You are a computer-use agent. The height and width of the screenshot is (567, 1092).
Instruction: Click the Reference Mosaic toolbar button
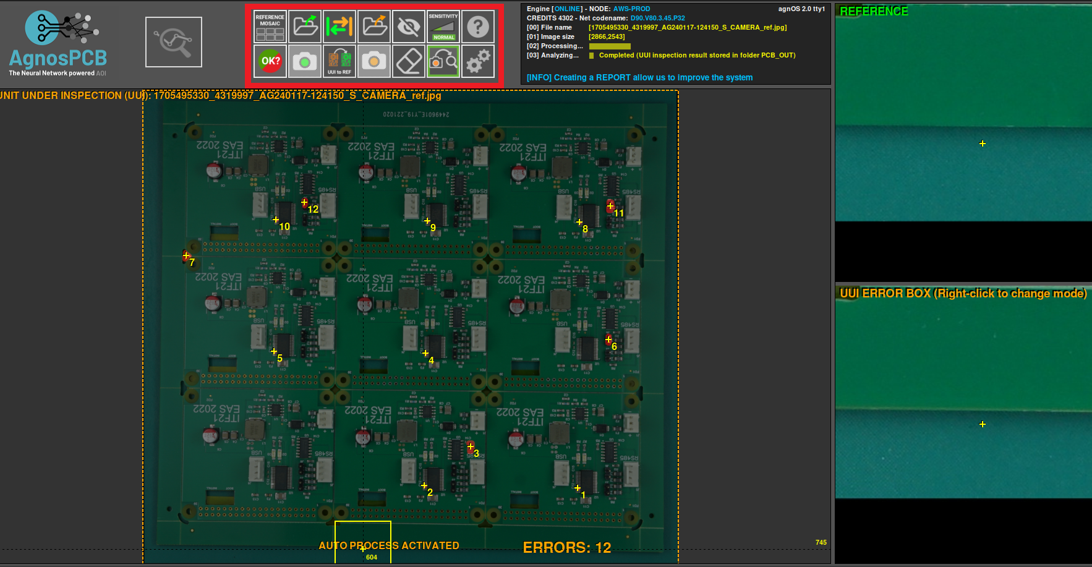[x=270, y=27]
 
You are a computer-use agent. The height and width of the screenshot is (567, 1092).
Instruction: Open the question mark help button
[x=478, y=27]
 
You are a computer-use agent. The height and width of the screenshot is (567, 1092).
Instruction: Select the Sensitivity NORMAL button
[x=443, y=27]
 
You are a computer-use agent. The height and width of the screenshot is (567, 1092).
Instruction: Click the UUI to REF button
[x=339, y=61]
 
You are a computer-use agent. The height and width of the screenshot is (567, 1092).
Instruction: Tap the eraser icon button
[x=409, y=61]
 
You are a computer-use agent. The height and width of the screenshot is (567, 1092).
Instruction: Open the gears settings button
[x=478, y=61]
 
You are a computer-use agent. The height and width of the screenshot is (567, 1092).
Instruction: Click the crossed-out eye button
[x=409, y=27]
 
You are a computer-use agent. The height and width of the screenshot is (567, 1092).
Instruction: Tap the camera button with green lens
[x=305, y=61]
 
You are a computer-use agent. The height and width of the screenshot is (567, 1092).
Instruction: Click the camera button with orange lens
[x=374, y=61]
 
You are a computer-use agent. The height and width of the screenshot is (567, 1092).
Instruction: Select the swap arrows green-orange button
[x=339, y=27]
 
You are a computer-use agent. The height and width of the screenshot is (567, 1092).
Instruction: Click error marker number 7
[x=186, y=255]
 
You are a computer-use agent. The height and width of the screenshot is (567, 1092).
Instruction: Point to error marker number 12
[x=304, y=202]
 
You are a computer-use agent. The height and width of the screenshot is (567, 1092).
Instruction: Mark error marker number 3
[x=471, y=446]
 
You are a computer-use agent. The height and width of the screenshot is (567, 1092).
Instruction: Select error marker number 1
[x=578, y=488]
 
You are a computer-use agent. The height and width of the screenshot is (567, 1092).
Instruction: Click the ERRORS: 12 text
[x=566, y=547]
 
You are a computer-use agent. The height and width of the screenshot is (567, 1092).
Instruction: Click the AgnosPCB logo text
[x=58, y=58]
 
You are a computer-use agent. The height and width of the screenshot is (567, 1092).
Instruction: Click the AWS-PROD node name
[x=631, y=9]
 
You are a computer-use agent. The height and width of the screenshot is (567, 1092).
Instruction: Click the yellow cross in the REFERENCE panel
[x=983, y=143]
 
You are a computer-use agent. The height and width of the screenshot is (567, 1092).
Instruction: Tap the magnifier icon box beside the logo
[x=174, y=42]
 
